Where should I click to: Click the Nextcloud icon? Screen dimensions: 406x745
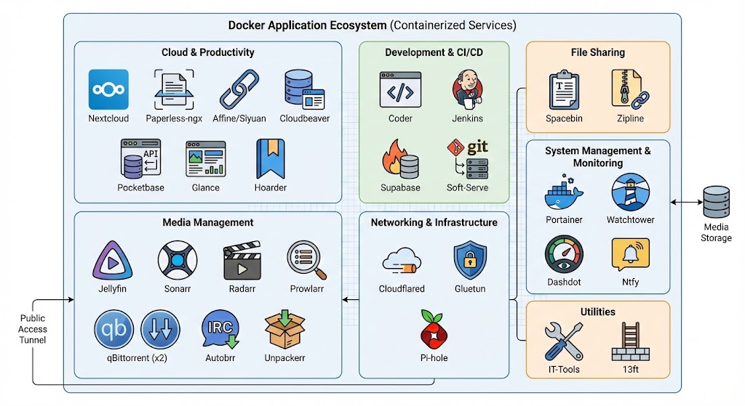click(108, 89)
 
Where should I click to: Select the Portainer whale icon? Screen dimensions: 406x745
click(564, 192)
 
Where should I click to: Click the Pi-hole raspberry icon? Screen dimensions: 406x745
click(434, 330)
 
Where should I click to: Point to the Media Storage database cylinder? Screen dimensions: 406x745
click(716, 203)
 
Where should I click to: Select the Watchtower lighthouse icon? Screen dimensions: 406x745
click(630, 192)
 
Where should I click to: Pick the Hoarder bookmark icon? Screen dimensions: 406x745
click(271, 158)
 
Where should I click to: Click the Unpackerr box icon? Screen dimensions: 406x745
click(284, 330)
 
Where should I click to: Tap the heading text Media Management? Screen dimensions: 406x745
click(207, 222)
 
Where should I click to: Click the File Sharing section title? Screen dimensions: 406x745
click(597, 52)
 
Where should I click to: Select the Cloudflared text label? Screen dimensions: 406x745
click(402, 289)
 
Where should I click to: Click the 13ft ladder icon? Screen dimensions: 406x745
click(630, 341)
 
